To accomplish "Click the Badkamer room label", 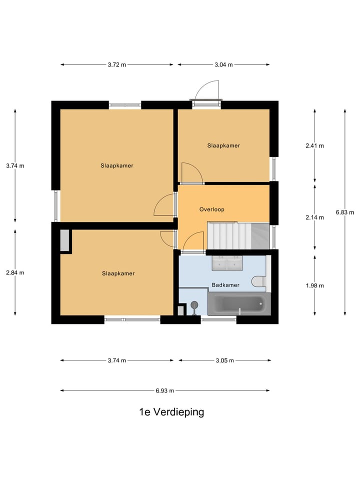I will pos(225,285).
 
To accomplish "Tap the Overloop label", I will pos(211,209).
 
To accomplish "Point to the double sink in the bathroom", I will pos(227,262).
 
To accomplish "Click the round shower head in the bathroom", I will pos(194,304).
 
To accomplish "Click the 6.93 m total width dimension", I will pos(165,390).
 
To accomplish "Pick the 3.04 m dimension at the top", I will pos(223,64).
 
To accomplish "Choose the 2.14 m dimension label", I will pos(314,217).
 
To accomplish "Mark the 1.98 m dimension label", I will pos(314,285).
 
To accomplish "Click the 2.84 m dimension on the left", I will pos(15,272).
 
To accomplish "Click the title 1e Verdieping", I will pos(171,412).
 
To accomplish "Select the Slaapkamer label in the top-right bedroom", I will pos(223,145).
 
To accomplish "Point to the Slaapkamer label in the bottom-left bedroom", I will pos(118,273).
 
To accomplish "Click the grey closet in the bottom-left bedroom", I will pos(64,240).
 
